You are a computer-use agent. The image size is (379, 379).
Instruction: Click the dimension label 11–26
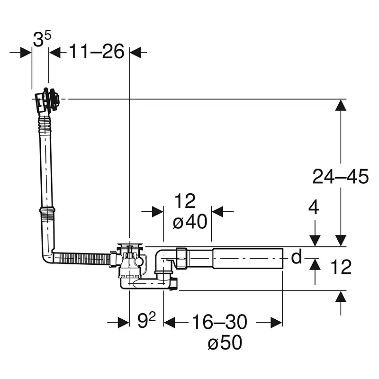97,52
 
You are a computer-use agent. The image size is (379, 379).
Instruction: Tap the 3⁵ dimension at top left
42,39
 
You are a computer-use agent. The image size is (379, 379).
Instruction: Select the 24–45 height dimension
340,176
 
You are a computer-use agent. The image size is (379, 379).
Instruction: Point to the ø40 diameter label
190,221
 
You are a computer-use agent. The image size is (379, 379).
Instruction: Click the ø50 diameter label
225,342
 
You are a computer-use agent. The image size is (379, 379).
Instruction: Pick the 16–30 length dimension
219,322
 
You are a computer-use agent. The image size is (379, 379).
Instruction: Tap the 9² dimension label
146,320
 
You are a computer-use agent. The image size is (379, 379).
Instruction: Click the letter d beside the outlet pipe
297,257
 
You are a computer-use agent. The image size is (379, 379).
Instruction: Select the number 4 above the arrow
314,207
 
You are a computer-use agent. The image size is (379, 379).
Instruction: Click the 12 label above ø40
185,200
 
